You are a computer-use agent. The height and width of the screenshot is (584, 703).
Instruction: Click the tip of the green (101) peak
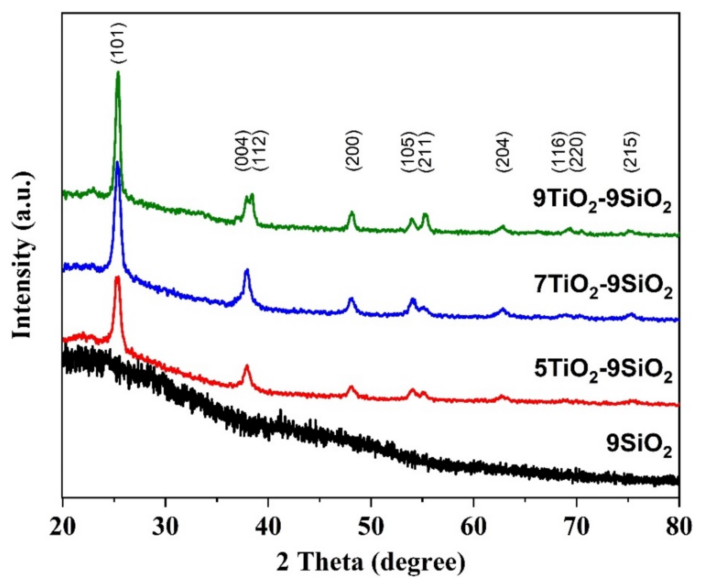(118, 72)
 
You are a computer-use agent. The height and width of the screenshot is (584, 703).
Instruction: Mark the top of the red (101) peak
(117, 277)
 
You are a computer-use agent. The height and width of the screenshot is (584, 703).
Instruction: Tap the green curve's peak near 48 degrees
(351, 212)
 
